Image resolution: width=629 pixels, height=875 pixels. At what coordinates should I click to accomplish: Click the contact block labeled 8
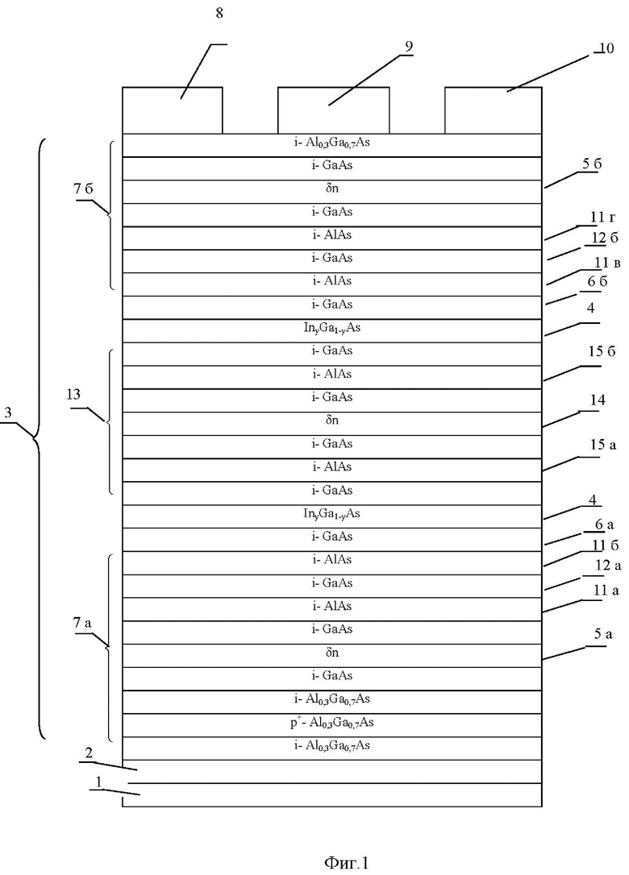tap(173, 110)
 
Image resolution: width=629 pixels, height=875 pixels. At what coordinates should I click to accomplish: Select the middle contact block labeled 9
tap(334, 110)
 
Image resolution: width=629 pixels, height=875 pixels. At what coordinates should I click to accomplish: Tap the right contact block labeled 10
tap(494, 110)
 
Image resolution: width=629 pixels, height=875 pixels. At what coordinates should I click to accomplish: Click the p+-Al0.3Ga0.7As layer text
tap(331, 722)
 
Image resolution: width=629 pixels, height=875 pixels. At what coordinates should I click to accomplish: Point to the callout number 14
tap(597, 400)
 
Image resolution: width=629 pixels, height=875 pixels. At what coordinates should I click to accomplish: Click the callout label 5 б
tap(592, 164)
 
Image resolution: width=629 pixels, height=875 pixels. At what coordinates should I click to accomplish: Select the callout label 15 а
tap(603, 445)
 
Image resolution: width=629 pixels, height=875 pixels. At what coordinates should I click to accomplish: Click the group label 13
tap(73, 395)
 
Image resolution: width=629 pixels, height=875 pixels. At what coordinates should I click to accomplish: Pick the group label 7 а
tap(82, 624)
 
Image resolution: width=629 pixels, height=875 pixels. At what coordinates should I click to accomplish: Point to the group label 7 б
tap(83, 189)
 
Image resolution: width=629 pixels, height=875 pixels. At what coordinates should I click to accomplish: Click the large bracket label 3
tap(8, 413)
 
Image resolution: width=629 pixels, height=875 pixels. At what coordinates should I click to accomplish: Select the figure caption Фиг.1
tap(346, 863)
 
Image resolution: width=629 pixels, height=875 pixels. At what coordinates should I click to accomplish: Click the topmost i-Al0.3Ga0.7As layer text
tap(331, 143)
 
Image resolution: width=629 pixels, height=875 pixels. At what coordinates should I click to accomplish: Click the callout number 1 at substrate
tap(99, 782)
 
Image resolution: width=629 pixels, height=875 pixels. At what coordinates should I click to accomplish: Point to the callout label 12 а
tap(608, 566)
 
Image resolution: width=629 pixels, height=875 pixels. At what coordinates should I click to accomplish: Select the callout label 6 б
tap(598, 282)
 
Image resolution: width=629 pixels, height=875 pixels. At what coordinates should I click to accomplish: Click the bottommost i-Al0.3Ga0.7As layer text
tap(331, 745)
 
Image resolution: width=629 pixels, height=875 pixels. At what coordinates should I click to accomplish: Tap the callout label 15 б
tap(602, 351)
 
